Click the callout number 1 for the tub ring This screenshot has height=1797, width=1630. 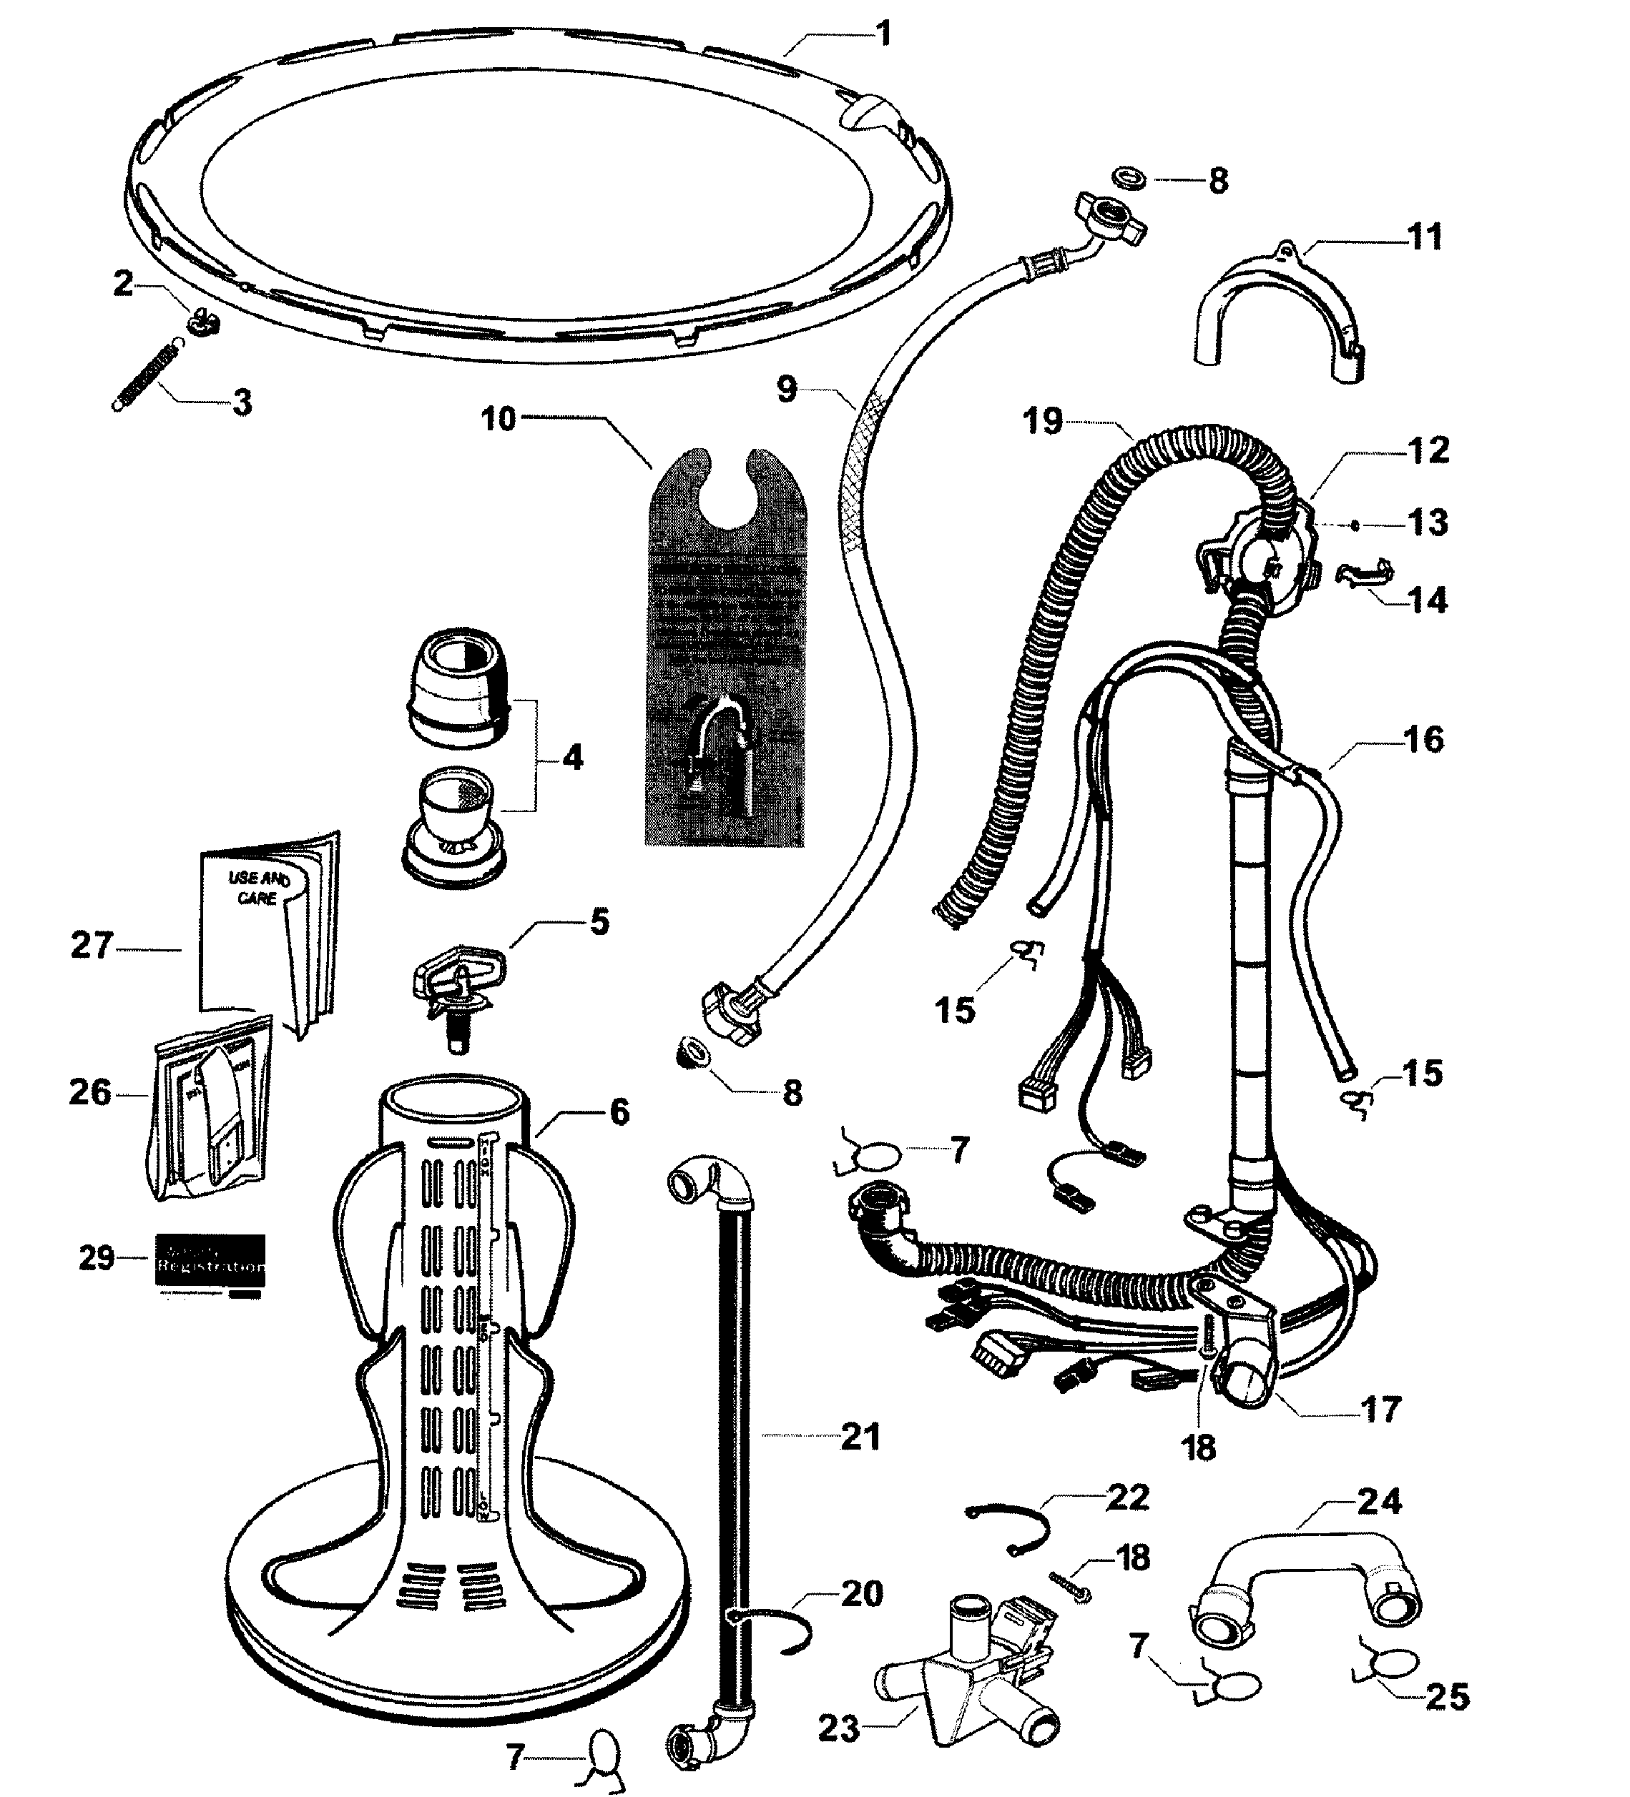click(883, 35)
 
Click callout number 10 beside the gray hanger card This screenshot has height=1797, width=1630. click(499, 419)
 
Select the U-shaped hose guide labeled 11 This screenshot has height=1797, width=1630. click(1277, 314)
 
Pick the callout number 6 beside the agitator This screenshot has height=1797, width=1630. click(618, 1112)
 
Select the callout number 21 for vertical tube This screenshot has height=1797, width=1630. click(860, 1437)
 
